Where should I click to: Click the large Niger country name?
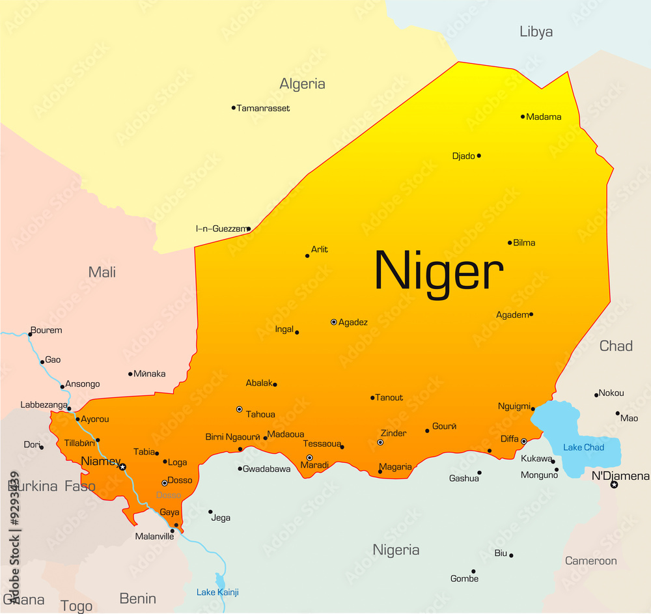(439, 272)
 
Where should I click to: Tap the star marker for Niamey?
(122, 467)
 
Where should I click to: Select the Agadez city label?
(353, 322)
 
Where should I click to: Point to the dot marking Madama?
(523, 117)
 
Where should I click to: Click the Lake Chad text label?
(583, 447)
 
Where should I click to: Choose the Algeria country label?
(302, 84)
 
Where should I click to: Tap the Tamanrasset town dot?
(234, 108)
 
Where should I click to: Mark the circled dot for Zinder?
(380, 443)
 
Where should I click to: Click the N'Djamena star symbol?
(614, 484)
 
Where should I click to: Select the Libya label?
(536, 31)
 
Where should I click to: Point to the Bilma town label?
(524, 243)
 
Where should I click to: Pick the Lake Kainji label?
(217, 592)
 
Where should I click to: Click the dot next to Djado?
(479, 156)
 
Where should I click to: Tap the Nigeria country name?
(396, 550)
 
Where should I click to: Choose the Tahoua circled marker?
(239, 410)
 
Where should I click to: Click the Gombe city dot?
(474, 571)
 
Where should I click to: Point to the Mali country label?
(102, 272)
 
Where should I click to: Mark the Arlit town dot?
(307, 256)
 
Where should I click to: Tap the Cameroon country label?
(590, 561)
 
